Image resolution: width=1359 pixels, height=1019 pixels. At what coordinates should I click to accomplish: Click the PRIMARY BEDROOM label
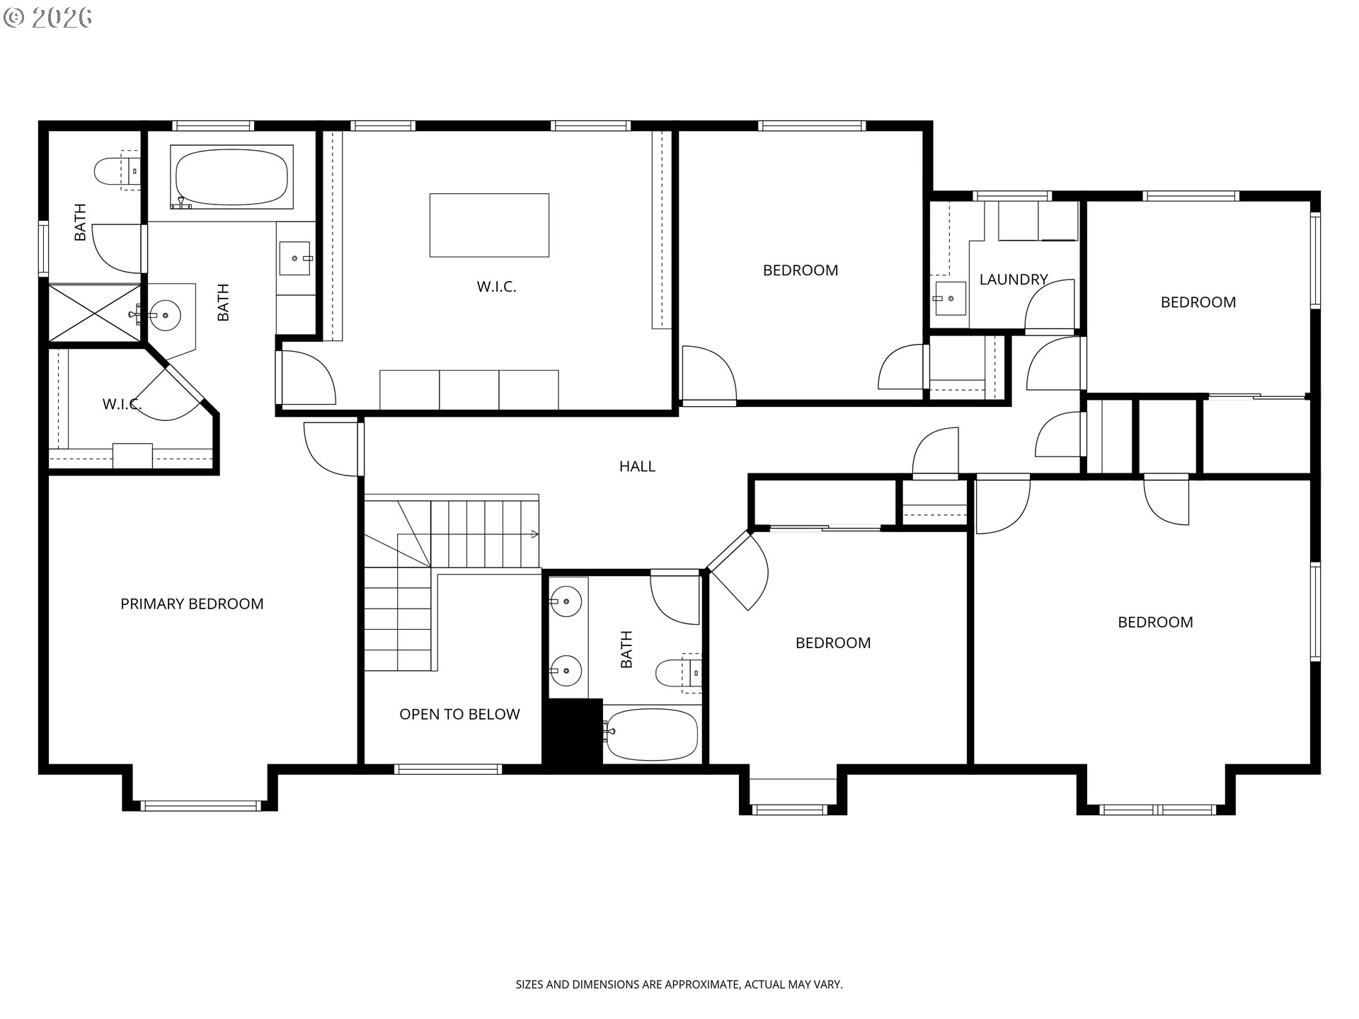tap(192, 604)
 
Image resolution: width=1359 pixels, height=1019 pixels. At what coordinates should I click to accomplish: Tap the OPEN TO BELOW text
tap(459, 714)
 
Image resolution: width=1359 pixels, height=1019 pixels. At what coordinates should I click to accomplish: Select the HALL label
tap(637, 466)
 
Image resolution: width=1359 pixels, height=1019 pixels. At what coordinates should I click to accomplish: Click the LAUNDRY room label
tap(1013, 280)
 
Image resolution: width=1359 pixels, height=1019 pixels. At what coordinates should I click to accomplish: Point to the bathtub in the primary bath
tap(231, 177)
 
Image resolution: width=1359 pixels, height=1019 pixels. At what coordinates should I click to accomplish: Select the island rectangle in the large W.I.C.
tap(489, 225)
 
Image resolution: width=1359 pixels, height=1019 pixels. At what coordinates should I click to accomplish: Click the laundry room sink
tap(950, 298)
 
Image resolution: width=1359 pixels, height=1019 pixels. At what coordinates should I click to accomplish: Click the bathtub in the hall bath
tap(651, 734)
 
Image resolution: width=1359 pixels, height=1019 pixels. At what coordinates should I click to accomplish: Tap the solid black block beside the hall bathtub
tap(572, 732)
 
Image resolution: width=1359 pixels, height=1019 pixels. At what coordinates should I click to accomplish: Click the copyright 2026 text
tap(48, 18)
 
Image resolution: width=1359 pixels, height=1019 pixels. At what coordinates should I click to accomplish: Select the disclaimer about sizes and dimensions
tap(679, 984)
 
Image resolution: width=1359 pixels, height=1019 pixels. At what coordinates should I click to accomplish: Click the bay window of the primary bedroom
tap(200, 805)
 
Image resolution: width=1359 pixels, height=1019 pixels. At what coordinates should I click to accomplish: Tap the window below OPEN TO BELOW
tap(448, 769)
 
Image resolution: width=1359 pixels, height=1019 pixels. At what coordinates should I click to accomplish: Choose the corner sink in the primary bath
tap(166, 312)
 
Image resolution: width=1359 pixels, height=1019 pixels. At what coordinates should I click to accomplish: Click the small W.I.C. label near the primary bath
tap(122, 404)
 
